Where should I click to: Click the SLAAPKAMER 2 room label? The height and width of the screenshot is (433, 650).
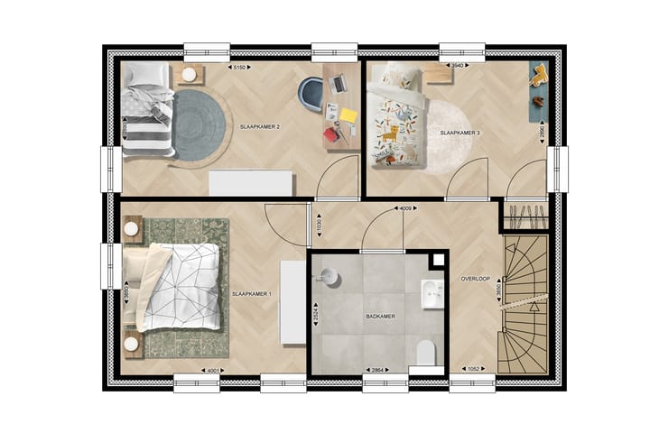pyautogui.click(x=259, y=128)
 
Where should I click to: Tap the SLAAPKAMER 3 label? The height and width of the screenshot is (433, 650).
pyautogui.click(x=460, y=133)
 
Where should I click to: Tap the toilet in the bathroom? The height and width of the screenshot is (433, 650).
pyautogui.click(x=427, y=355)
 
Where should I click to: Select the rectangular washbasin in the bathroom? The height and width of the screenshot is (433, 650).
pyautogui.click(x=432, y=293)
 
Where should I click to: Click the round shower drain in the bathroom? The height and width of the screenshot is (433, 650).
pyautogui.click(x=330, y=278)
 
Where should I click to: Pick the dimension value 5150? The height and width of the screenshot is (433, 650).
pyautogui.click(x=240, y=68)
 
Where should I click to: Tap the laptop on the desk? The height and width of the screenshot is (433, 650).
pyautogui.click(x=339, y=84)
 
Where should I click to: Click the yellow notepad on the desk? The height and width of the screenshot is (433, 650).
pyautogui.click(x=348, y=115)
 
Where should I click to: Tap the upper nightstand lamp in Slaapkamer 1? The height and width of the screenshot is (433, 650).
pyautogui.click(x=132, y=229)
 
